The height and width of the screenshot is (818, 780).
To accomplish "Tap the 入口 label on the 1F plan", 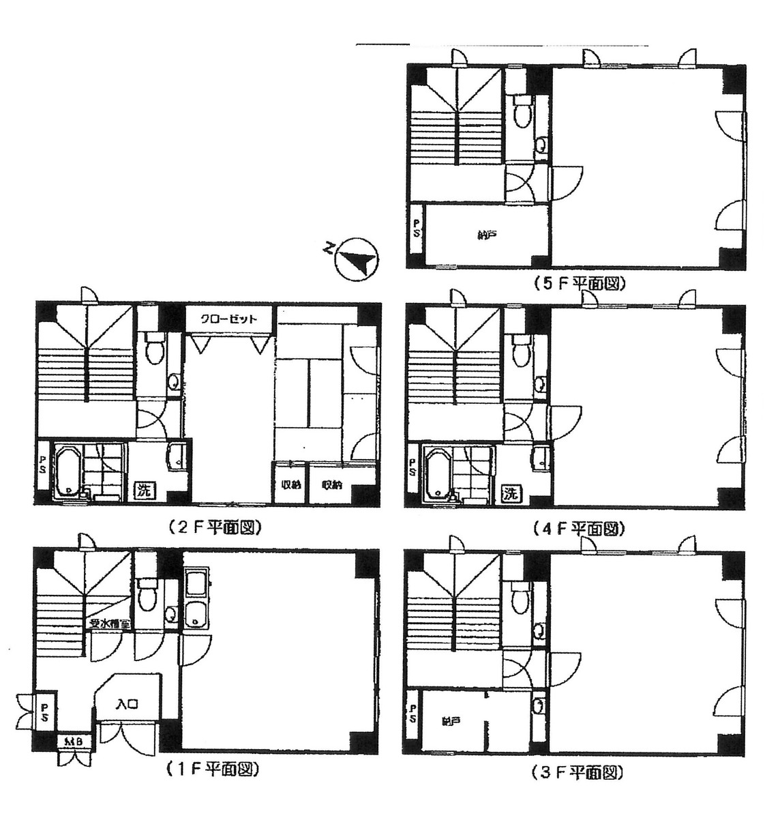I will pyautogui.click(x=127, y=704).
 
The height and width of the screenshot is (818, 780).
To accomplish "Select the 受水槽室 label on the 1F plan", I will pyautogui.click(x=109, y=624).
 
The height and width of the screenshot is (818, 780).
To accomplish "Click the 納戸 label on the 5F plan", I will pyautogui.click(x=485, y=236).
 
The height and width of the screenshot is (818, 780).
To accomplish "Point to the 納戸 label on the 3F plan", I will pyautogui.click(x=448, y=721).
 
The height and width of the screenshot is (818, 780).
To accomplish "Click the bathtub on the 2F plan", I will pyautogui.click(x=67, y=471).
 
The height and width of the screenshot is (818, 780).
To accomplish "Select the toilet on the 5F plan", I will pyautogui.click(x=523, y=112).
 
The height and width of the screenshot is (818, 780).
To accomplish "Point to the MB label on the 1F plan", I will pyautogui.click(x=70, y=741).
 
